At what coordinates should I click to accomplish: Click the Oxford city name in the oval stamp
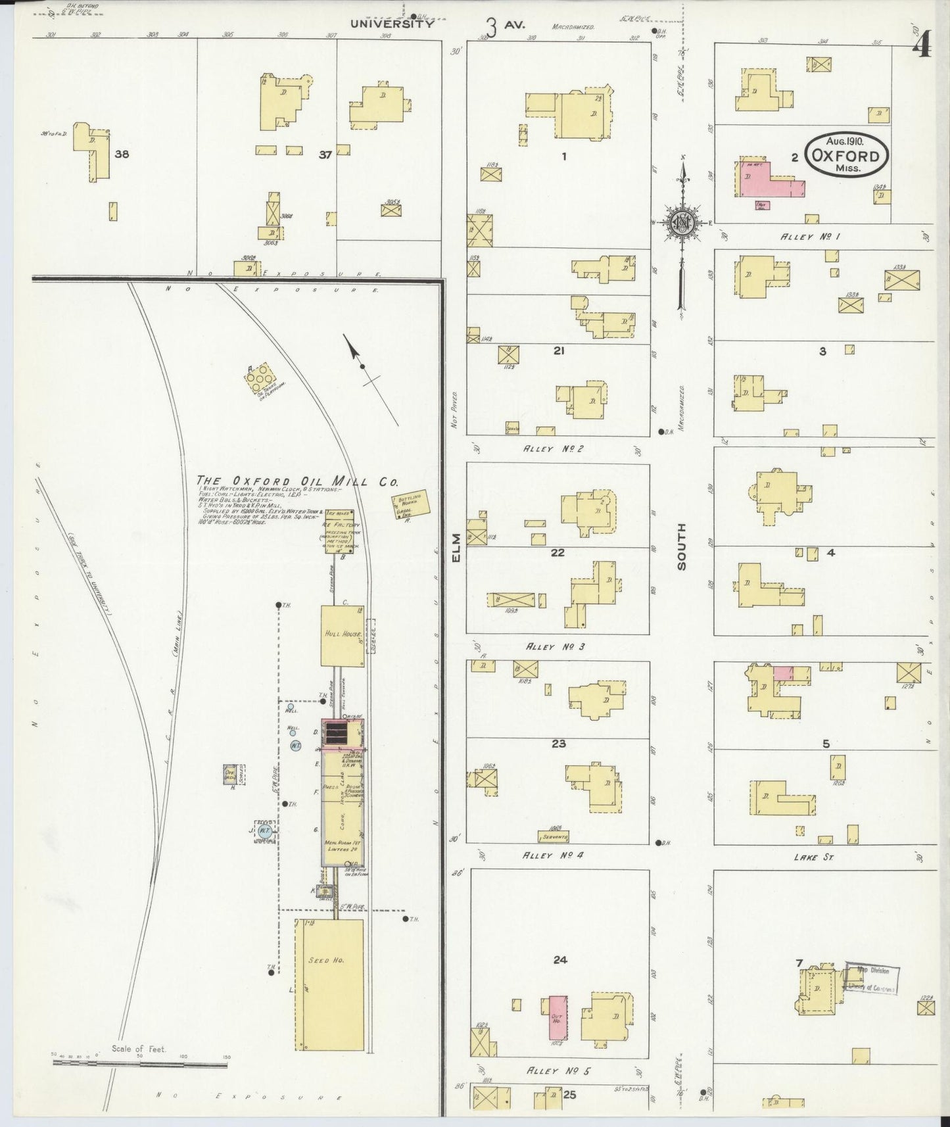[845, 156]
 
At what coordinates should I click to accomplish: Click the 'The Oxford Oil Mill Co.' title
[297, 481]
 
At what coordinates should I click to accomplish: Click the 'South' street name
[681, 546]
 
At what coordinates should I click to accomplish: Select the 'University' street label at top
[391, 24]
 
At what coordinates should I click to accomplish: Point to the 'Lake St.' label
[814, 857]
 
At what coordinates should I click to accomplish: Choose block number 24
[559, 959]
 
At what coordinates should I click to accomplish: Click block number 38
[122, 155]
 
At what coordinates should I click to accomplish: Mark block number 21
[559, 351]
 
